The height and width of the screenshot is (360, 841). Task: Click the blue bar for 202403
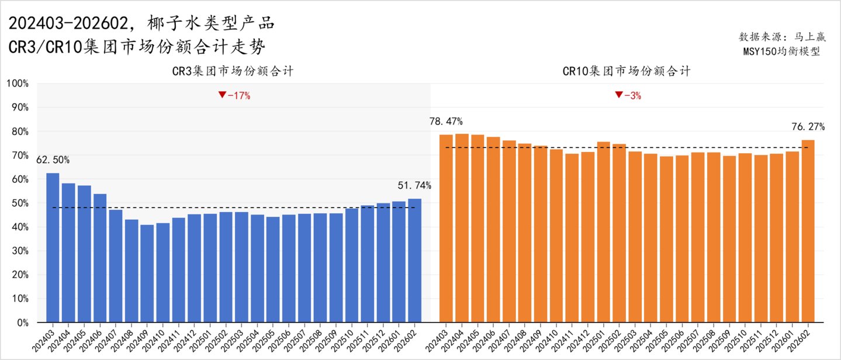tap(53, 248)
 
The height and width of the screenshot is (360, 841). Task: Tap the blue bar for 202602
tap(415, 261)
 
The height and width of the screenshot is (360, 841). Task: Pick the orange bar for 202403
tap(446, 229)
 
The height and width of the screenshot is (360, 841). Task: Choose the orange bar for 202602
tap(808, 231)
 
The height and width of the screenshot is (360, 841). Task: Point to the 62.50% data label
tap(53, 160)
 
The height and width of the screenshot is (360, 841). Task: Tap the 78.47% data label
tap(446, 122)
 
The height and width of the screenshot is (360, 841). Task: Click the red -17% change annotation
tap(234, 95)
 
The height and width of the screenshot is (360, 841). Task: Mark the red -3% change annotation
tap(628, 95)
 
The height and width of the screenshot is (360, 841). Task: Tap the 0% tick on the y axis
tap(22, 323)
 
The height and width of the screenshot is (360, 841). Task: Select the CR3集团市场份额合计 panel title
tap(233, 71)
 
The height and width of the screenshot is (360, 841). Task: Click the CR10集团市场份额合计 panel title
tap(627, 71)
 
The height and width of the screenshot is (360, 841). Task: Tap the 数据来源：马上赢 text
tap(782, 36)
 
